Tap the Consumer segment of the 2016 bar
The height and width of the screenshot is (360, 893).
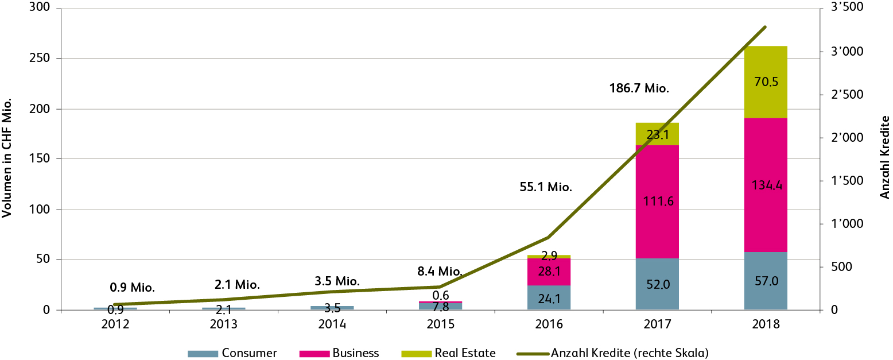[x=549, y=298]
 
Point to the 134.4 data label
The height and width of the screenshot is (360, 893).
[x=766, y=185]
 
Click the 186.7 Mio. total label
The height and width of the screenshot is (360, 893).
[x=640, y=89]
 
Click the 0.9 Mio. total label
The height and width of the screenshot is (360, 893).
[x=133, y=287]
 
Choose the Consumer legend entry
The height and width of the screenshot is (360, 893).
[x=232, y=353]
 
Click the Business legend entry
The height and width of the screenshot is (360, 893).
[x=340, y=353]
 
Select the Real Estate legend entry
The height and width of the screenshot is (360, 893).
[x=448, y=353]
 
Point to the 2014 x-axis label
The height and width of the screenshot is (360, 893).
[x=332, y=324]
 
